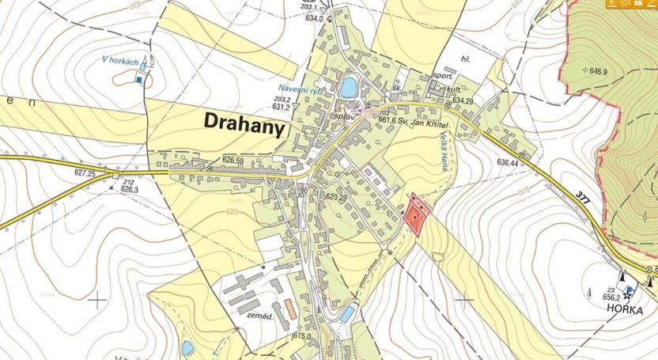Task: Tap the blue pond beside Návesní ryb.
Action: point(347,86)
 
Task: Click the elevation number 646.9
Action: point(595,71)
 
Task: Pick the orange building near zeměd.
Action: point(291,309)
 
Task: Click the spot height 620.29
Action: point(337,196)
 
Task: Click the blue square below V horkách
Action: point(141,78)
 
